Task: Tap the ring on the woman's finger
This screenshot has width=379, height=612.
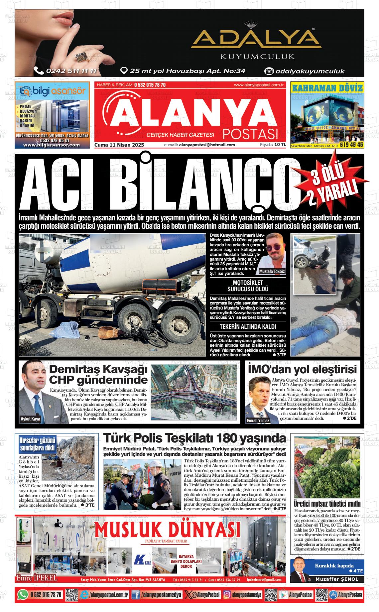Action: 81,56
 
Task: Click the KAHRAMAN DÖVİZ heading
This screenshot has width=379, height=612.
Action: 327,88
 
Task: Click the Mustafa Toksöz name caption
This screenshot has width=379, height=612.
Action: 272,271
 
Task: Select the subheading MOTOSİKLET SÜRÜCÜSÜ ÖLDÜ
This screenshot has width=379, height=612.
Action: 248,286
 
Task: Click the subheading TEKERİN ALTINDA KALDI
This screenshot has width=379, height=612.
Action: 248,326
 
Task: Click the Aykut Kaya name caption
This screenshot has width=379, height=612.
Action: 30,419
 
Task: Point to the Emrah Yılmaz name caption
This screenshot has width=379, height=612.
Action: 258,421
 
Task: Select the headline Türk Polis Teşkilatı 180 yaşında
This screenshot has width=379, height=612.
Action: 194,438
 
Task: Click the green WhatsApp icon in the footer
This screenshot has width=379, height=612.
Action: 23,594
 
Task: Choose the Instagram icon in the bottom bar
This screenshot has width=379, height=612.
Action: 227,594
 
